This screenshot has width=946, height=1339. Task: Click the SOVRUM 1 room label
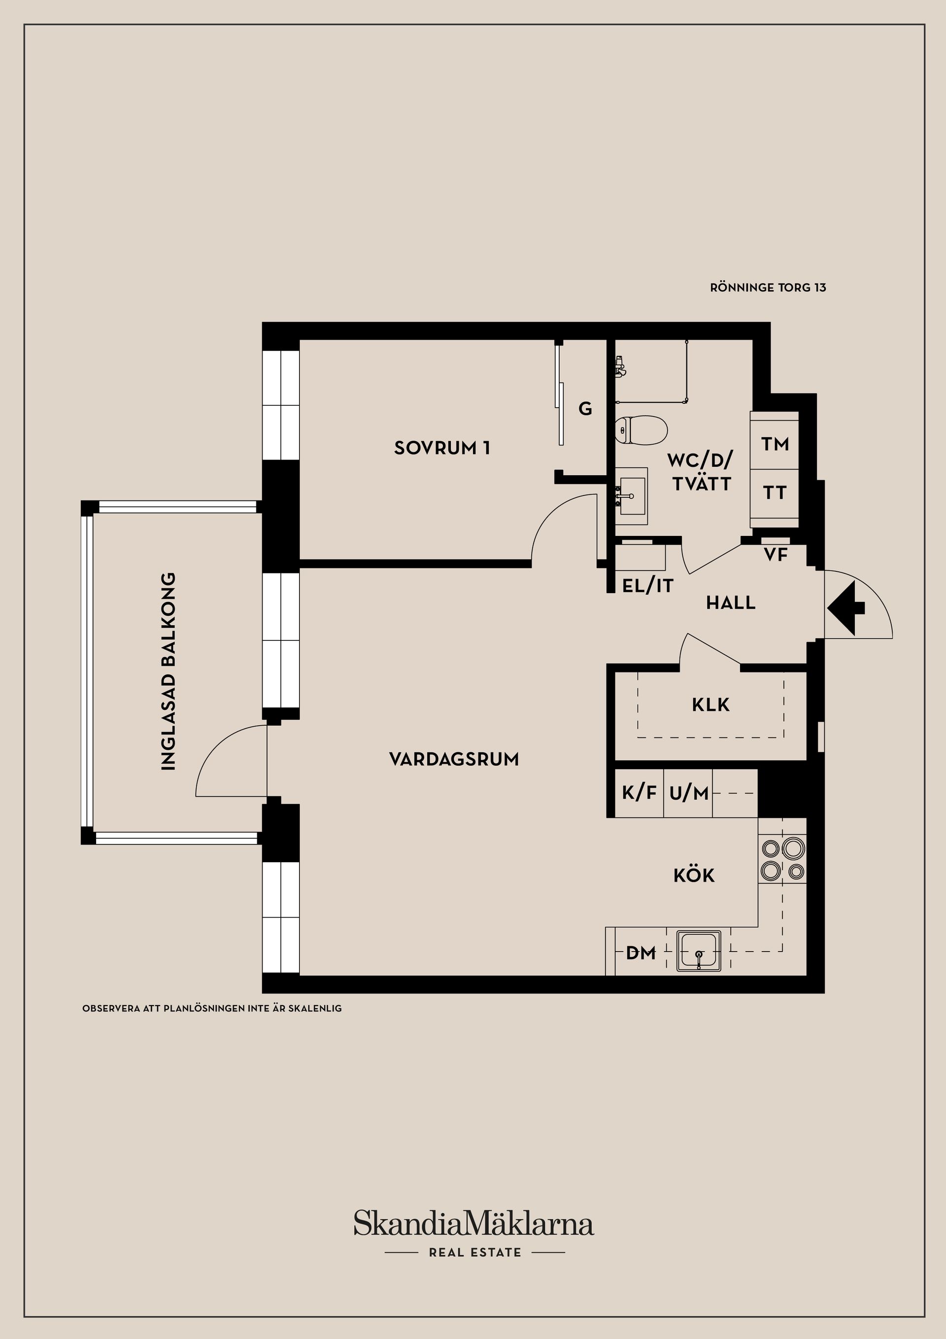442,448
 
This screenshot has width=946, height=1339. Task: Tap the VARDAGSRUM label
453,759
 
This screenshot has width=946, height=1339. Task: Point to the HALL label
731,603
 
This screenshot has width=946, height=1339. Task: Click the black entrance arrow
846,608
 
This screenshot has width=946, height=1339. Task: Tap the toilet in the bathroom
641,430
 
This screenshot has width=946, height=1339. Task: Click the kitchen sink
699,951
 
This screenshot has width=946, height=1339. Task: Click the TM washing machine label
775,444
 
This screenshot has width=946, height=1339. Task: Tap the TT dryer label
775,493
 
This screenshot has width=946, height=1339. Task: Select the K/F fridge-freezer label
640,793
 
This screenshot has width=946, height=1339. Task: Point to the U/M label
689,793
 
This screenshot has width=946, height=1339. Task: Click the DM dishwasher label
641,953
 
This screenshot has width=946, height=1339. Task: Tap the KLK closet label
710,705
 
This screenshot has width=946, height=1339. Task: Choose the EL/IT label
647,586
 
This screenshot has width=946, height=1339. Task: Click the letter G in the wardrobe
585,409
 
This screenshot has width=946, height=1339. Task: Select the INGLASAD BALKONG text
168,671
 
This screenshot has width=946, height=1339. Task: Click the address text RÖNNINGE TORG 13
768,287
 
